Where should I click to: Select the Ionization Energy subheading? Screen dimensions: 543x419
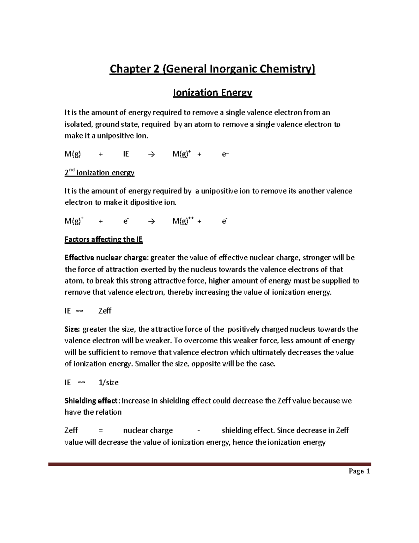pos(213,93)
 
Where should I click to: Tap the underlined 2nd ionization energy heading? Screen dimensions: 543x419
pos(100,173)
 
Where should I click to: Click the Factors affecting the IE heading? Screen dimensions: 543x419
pos(104,240)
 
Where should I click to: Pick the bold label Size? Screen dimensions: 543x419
pos(72,329)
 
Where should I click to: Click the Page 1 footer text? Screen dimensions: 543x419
pos(359,471)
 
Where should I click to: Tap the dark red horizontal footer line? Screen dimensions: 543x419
pos(209,464)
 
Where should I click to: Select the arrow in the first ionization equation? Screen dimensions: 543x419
pos(151,154)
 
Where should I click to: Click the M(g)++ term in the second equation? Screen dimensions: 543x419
pos(183,221)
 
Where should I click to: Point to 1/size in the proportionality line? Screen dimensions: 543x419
pos(109,383)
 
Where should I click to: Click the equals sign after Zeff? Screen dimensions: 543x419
pos(101,430)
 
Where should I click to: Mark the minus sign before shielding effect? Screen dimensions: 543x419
pos(199,430)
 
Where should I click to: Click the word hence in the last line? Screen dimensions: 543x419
pos(243,442)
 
